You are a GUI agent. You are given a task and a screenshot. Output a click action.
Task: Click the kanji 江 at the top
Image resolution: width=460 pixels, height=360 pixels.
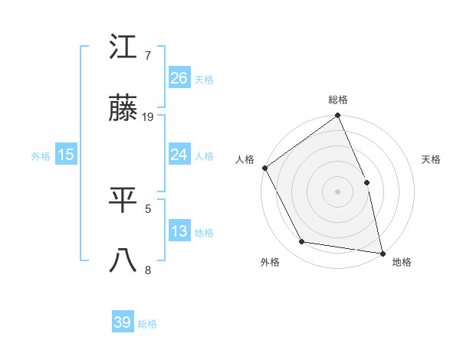123,50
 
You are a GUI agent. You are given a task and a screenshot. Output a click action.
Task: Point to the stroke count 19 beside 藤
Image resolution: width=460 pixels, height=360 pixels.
148,116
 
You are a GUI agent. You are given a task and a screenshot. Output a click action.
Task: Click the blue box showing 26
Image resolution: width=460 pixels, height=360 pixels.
179,78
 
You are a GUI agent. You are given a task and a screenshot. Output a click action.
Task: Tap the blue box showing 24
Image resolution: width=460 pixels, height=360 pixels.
179,155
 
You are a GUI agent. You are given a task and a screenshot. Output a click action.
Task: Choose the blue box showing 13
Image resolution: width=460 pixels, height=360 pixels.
179,231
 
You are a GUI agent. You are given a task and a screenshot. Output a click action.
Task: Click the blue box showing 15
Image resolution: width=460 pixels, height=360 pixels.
66,155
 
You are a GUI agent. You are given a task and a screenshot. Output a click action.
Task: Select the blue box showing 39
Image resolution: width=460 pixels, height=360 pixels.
123,322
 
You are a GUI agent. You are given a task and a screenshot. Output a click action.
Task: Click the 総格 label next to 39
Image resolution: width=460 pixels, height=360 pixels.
147,324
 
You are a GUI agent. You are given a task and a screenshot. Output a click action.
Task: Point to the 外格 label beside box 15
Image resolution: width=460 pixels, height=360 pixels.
41,155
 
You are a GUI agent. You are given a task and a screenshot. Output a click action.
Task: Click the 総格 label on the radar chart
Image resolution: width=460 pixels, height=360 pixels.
338,100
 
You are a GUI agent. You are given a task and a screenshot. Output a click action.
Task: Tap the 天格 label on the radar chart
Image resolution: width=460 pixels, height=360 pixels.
432,159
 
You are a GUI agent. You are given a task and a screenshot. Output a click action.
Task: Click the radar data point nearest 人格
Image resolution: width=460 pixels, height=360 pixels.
264,168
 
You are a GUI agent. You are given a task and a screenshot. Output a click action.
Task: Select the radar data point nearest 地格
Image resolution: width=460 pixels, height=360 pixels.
382,252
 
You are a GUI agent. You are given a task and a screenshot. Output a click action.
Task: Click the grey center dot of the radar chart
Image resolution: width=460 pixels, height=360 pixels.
337,191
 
